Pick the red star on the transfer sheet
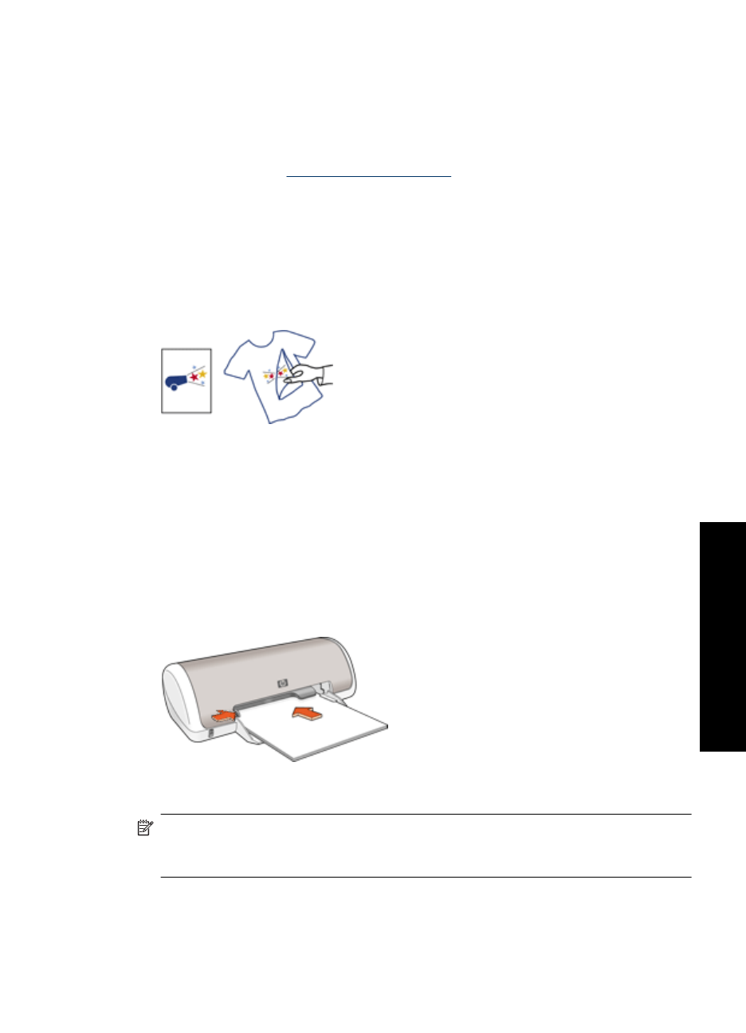click(x=194, y=375)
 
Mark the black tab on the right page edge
click(x=723, y=636)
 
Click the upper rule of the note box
click(x=426, y=815)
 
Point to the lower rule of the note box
click(x=426, y=878)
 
